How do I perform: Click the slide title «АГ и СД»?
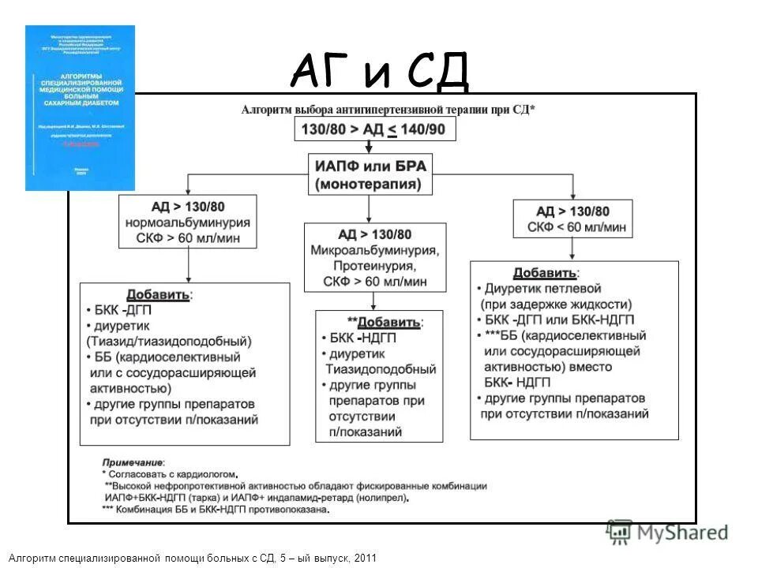380,73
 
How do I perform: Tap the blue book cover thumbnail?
80,108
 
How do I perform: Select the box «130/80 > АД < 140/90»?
375,129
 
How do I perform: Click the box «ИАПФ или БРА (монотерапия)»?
370,175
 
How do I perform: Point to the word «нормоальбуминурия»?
188,224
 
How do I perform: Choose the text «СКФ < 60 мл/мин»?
572,227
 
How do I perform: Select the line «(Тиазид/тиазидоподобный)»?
169,342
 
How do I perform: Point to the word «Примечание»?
133,462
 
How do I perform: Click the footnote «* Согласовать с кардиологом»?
171,474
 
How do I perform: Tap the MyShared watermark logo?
666,532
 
